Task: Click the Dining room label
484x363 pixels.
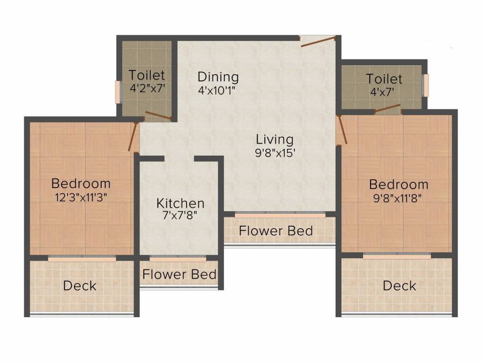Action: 218,77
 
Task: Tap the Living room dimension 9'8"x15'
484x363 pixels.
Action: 275,153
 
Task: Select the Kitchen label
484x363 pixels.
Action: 180,203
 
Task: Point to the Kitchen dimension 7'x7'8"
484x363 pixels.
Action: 180,216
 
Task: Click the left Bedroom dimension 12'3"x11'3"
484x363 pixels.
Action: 81,197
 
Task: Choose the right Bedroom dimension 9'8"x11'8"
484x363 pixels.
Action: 398,198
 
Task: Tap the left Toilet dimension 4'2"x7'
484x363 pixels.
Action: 147,88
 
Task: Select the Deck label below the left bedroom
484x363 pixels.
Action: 79,285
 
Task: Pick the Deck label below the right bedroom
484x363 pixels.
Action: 399,285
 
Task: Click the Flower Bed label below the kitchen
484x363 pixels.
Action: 180,274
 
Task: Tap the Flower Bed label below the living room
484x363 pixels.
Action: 276,231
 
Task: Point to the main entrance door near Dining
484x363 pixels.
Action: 319,42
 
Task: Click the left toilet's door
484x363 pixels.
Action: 158,115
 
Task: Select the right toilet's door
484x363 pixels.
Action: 387,109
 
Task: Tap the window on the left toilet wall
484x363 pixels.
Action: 120,92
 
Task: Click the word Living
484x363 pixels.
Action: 275,139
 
